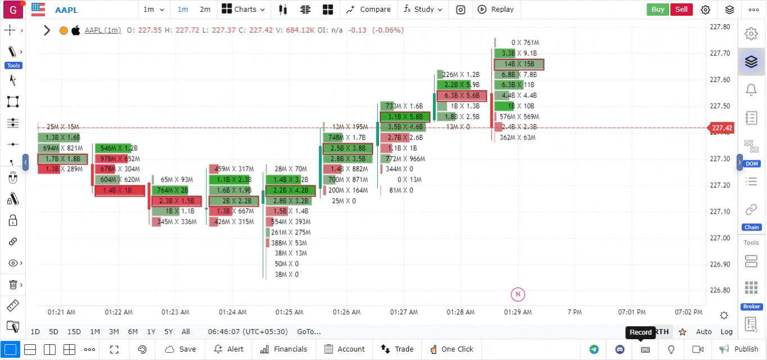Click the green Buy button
click(657, 9)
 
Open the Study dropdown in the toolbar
click(423, 9)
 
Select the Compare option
click(369, 9)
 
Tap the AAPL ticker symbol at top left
click(66, 9)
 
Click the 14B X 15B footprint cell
click(519, 65)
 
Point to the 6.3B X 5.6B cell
click(462, 96)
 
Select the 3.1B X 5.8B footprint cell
click(405, 117)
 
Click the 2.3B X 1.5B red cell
click(176, 201)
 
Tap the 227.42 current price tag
click(722, 128)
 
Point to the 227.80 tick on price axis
click(720, 27)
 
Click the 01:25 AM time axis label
click(289, 312)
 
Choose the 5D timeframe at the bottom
click(53, 332)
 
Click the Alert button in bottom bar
click(229, 349)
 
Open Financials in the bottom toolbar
click(284, 349)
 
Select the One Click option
click(452, 349)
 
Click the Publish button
click(739, 349)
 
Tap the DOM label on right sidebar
click(752, 164)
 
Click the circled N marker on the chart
click(517, 294)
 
